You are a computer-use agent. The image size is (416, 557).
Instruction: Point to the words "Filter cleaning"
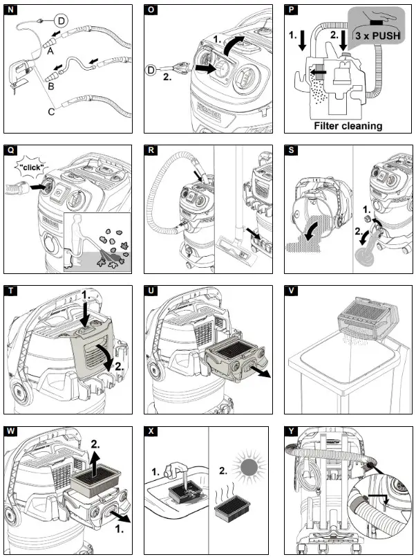pos(348,126)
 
